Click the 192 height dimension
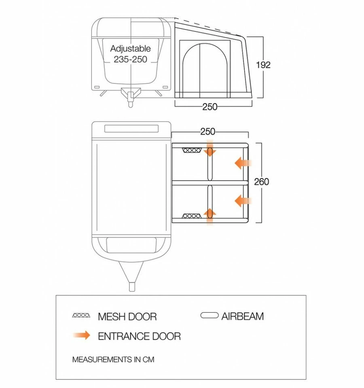[263, 65]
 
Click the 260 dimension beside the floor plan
[261, 182]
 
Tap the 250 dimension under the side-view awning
[210, 107]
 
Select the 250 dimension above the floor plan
[208, 131]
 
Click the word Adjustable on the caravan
[130, 49]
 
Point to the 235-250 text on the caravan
[130, 59]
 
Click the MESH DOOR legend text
[127, 317]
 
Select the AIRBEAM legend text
[242, 316]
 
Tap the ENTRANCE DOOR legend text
[139, 336]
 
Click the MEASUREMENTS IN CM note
[113, 360]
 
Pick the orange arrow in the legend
[82, 335]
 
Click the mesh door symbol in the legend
[81, 316]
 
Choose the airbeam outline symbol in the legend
[209, 316]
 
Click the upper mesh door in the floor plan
[192, 151]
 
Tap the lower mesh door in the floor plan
[192, 216]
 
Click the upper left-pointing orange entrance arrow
[243, 163]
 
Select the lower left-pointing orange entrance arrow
[243, 201]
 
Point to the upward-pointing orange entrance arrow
[210, 216]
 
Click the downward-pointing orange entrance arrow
[210, 148]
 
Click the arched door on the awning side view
[205, 70]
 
